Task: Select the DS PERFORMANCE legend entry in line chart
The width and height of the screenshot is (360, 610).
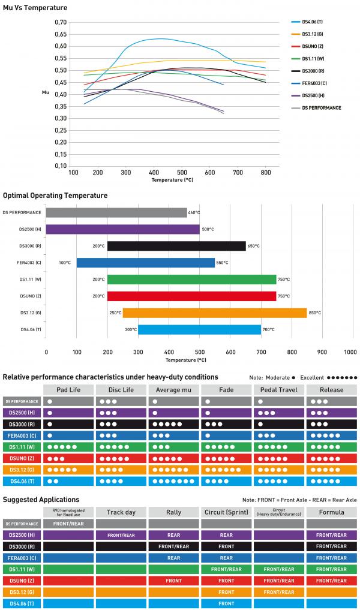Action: pos(321,108)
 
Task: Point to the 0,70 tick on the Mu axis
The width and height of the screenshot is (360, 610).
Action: pos(61,22)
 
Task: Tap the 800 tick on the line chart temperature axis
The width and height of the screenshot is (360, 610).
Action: pos(265,172)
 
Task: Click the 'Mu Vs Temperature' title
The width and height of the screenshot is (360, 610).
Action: pos(35,8)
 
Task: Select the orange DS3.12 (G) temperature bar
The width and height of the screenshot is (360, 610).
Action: pos(214,313)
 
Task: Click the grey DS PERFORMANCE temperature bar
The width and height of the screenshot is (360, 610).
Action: pos(116,212)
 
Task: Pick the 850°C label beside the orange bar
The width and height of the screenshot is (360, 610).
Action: pos(315,313)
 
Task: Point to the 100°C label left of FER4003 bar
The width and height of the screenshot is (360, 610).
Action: pos(65,263)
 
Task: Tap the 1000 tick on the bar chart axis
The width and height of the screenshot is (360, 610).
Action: pos(350,351)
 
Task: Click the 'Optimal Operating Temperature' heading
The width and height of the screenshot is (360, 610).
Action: pos(55,196)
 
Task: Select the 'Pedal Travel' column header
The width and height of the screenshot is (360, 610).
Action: pos(279,390)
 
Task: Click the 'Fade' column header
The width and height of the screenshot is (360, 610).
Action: pos(226,390)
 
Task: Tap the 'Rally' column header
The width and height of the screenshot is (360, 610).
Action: pos(173,512)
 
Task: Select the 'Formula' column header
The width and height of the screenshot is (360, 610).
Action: pos(331,512)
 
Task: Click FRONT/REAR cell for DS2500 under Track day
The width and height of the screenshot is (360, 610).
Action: pos(121,535)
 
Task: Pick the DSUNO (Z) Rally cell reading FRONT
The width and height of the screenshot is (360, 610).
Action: pos(173,581)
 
